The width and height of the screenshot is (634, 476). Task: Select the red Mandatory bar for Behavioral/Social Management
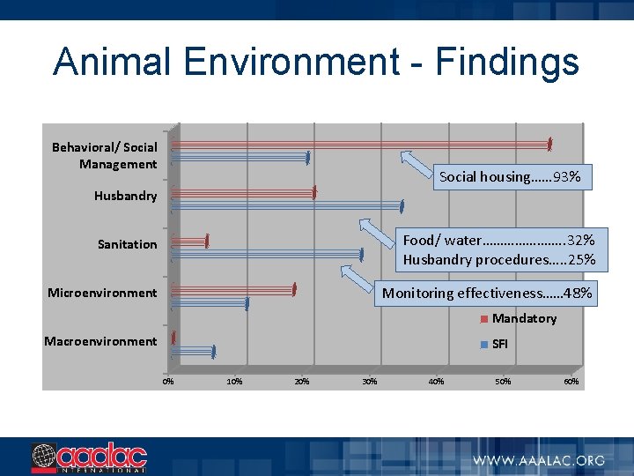pyautogui.click(x=360, y=143)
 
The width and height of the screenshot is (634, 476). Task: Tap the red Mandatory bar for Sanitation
pyautogui.click(x=189, y=241)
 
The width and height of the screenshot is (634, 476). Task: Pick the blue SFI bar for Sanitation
pyautogui.click(x=267, y=255)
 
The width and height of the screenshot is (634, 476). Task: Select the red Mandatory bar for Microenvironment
pyautogui.click(x=233, y=289)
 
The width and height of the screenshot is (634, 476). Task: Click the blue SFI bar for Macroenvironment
pyautogui.click(x=193, y=351)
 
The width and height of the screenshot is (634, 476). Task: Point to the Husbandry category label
pyautogui.click(x=125, y=196)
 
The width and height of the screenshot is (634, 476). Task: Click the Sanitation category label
pyautogui.click(x=127, y=244)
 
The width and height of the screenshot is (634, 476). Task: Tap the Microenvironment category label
pyautogui.click(x=102, y=293)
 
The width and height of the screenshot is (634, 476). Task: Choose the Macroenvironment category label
pyautogui.click(x=100, y=341)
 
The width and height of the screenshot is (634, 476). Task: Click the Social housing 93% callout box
pyautogui.click(x=510, y=176)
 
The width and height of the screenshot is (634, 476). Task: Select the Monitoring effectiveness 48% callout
pyautogui.click(x=487, y=294)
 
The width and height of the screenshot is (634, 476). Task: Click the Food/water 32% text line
pyautogui.click(x=498, y=240)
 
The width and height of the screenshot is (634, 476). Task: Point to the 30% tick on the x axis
pyautogui.click(x=369, y=382)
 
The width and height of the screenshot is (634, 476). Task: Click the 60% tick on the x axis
pyautogui.click(x=571, y=382)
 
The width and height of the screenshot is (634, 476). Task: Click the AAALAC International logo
pyautogui.click(x=88, y=457)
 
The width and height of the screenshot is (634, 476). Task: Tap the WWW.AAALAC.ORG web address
pyautogui.click(x=539, y=460)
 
